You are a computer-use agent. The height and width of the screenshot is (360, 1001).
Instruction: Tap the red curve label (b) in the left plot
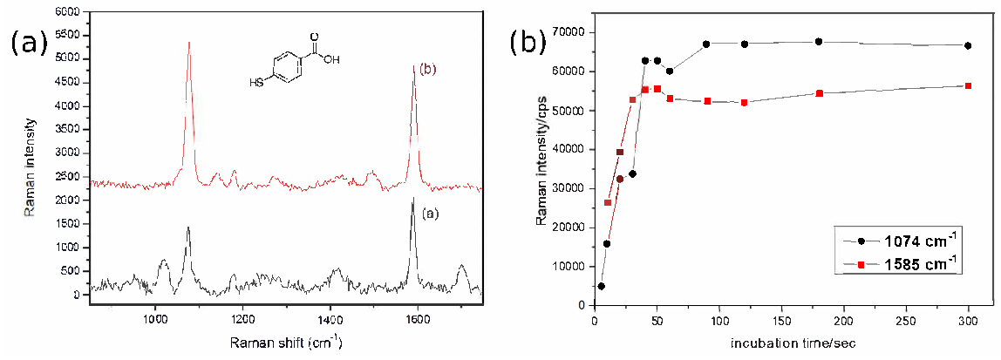430,69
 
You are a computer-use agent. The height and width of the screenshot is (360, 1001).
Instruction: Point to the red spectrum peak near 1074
188,44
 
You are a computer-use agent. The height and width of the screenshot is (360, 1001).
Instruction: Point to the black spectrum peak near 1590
412,200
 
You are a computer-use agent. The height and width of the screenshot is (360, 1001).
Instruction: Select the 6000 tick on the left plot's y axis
65,11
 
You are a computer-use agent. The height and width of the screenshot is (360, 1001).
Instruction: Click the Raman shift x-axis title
286,342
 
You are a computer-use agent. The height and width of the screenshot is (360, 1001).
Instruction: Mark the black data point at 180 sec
819,42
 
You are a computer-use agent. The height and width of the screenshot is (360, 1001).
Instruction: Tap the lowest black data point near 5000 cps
602,286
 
